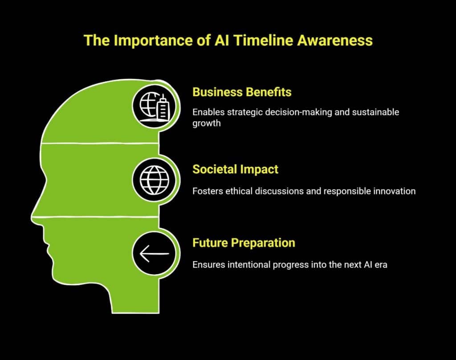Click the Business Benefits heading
tap(242, 92)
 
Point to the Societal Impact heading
tap(235, 169)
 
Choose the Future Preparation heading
tap(244, 243)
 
